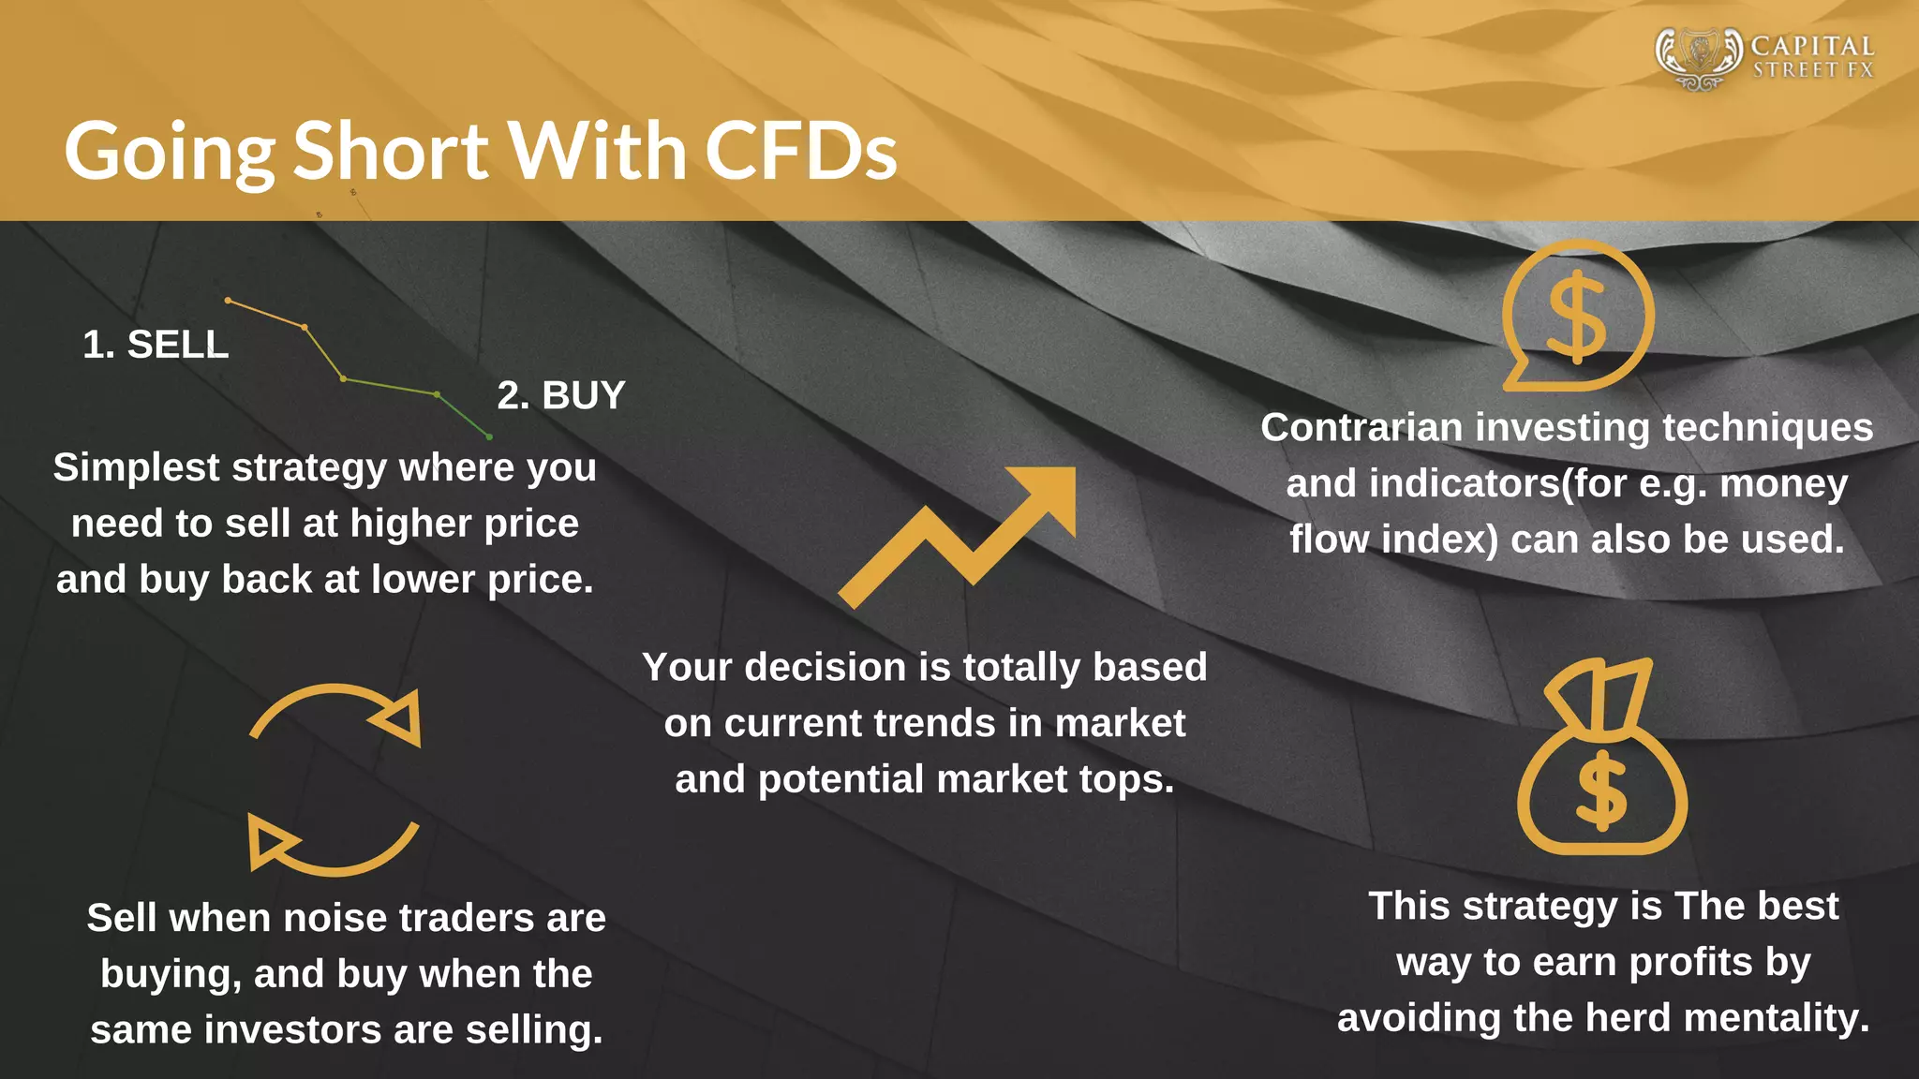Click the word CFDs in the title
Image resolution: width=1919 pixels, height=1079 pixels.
[801, 152]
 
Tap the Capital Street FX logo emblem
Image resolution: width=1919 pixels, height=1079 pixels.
[1699, 57]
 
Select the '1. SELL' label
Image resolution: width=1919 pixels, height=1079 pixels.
[156, 345]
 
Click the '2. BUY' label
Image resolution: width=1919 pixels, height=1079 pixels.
[560, 395]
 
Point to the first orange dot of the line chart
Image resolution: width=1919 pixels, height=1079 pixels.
[229, 301]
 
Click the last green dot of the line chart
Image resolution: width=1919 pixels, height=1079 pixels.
[489, 436]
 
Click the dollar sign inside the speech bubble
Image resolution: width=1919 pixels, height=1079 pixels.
[1577, 316]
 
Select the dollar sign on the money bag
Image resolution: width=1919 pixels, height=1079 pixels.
[1601, 791]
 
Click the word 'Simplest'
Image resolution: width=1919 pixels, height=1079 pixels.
[136, 467]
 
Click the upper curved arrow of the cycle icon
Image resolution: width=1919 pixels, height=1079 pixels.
[335, 711]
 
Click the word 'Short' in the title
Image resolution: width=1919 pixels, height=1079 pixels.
[391, 152]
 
